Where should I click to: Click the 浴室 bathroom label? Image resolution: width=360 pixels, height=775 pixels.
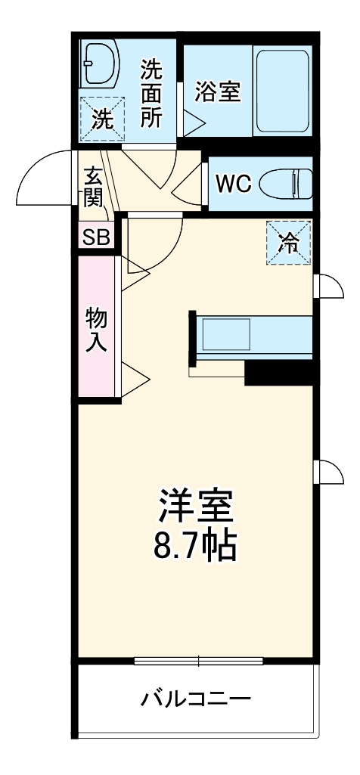point(218,91)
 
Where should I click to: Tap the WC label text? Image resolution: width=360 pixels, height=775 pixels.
point(234,184)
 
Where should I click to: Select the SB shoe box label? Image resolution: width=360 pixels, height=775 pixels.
point(96,237)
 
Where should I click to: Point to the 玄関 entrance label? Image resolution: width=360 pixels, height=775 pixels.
point(94,188)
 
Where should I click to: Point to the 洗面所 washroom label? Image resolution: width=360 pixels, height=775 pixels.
point(151,94)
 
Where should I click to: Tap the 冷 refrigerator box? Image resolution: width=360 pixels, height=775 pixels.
point(288,243)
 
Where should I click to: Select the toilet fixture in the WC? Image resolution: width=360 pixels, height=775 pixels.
point(287,183)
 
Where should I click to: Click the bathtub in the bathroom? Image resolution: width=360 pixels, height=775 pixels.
point(281,91)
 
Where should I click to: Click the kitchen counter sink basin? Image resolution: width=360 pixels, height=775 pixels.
point(224,334)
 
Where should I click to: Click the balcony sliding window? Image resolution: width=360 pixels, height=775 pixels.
point(198,660)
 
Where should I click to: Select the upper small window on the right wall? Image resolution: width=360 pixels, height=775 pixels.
point(325,286)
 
